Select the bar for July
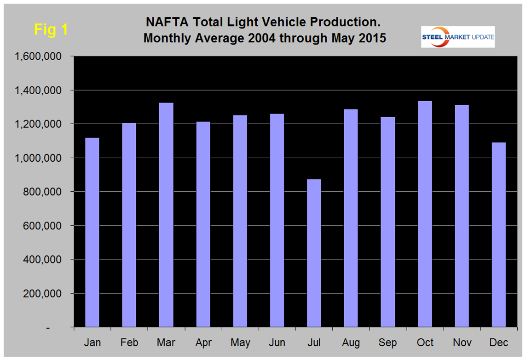[x=314, y=253]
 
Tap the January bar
[x=92, y=232]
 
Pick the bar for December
[x=498, y=234]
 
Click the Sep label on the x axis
[x=388, y=343]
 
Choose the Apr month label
[x=203, y=343]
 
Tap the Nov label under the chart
[x=462, y=343]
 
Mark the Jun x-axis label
[x=277, y=343]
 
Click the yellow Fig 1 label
[x=51, y=29]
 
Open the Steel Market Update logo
[x=458, y=37]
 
